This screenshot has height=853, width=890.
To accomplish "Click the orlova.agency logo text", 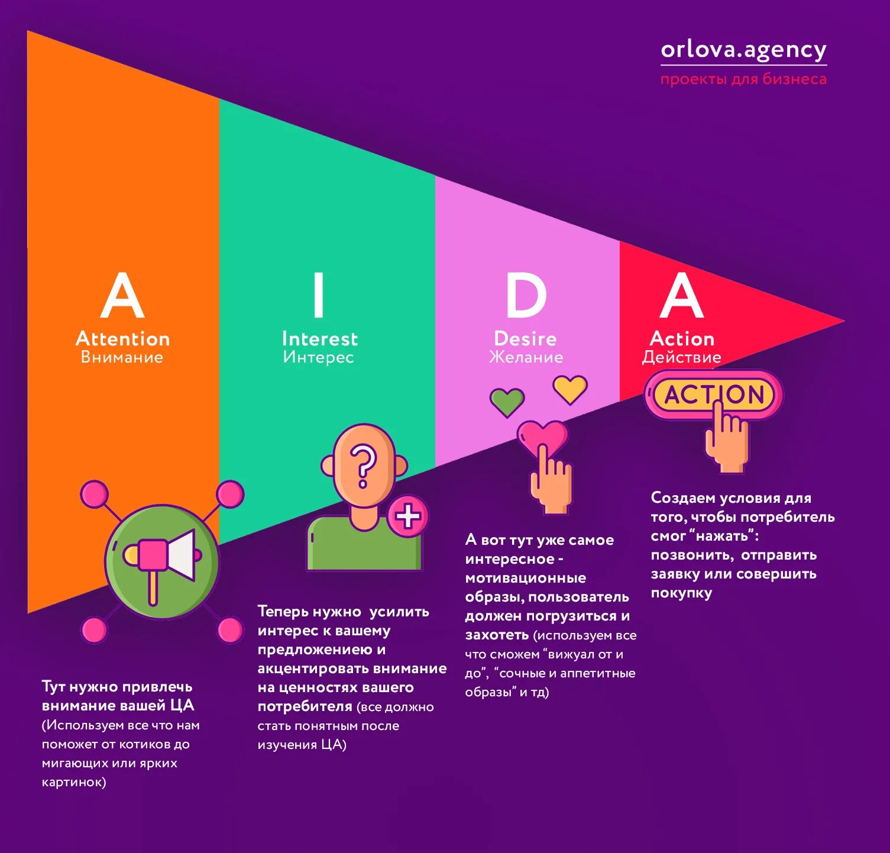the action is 743,50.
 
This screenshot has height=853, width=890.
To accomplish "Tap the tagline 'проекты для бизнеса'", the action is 743,79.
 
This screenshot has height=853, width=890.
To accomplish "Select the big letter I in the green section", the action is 319,295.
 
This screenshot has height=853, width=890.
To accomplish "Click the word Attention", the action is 123,338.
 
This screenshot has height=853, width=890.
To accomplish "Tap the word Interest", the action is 320,338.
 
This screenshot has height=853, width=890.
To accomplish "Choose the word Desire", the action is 526,338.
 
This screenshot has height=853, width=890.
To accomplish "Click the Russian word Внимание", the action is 122,357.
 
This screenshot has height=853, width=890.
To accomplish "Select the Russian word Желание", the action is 526,357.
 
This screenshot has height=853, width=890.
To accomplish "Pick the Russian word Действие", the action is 682,357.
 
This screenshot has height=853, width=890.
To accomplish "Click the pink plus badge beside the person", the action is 408,516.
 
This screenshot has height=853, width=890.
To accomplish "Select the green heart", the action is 507,401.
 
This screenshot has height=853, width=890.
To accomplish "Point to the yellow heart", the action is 570,389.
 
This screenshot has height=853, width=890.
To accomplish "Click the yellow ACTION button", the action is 714,395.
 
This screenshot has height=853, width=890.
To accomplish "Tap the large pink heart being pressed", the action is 542,435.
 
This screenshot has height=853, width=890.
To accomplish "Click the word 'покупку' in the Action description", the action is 681,593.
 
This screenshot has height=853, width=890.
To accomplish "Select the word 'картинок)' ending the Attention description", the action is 74,782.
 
